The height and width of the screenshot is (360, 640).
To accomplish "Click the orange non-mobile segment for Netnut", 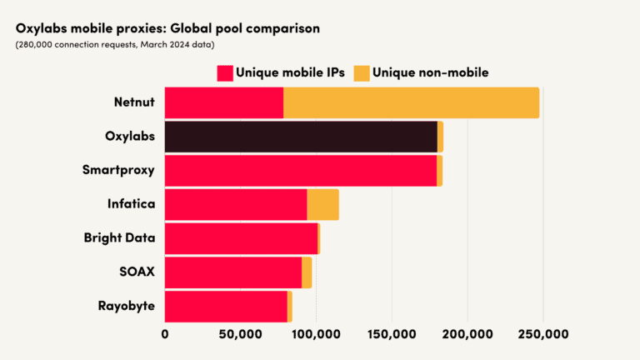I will point(411,102).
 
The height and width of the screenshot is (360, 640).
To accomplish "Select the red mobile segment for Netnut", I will point(223,102).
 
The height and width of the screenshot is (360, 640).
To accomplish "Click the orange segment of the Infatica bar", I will point(322,204).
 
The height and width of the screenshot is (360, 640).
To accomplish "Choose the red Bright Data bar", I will point(241,238).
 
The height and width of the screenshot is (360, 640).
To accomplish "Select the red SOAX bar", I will point(232,272).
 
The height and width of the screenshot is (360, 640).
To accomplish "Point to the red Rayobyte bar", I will point(226,306).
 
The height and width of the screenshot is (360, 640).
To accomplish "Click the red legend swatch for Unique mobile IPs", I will point(224,72).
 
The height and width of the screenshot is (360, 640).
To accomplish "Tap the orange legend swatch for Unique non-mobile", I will point(361,72).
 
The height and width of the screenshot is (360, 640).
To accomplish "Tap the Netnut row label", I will point(134,102).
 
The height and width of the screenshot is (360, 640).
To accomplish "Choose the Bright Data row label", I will point(119,238).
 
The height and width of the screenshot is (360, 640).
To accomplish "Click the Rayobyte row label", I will point(126,306).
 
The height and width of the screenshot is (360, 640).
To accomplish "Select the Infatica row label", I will point(131,204).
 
